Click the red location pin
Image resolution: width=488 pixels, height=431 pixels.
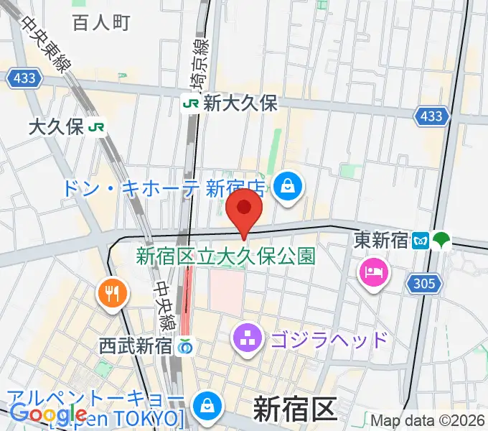(244, 209)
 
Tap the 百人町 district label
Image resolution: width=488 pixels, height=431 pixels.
(100, 22)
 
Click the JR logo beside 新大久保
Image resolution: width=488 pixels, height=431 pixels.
(191, 103)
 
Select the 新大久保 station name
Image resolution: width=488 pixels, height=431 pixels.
(240, 103)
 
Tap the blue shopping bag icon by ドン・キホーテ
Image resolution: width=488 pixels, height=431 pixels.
(287, 187)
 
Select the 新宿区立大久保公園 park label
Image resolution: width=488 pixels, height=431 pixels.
(225, 255)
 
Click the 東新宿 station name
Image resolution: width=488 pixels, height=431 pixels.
(381, 241)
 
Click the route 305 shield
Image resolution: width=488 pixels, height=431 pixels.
(424, 284)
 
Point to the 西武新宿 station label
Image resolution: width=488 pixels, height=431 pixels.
(136, 346)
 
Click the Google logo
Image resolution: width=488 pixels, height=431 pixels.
(49, 414)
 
